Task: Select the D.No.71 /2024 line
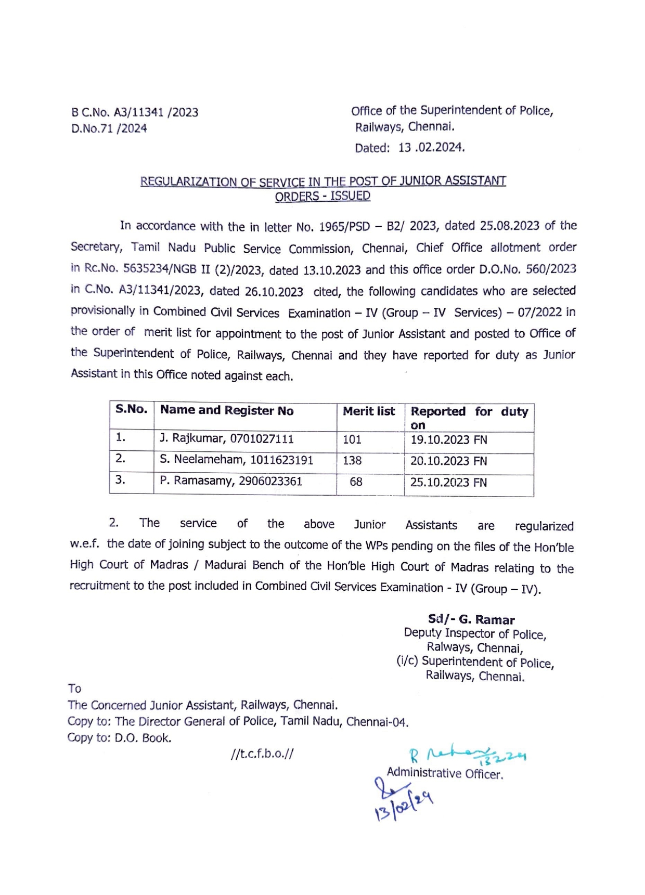[x=109, y=128]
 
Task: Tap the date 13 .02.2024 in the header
[x=431, y=148]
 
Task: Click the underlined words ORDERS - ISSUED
[x=322, y=196]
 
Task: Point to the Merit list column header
[x=369, y=411]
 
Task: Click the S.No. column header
[x=132, y=409]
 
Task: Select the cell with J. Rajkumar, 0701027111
[x=226, y=439]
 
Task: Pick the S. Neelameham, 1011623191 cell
[x=236, y=460]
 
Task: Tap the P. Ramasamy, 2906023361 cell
[x=230, y=481]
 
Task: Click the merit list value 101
[x=352, y=439]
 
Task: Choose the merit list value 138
[x=352, y=461]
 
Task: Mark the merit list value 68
[x=356, y=482]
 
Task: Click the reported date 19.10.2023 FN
[x=448, y=440]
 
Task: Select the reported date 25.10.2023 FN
[x=448, y=483]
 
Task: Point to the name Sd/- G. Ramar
[x=471, y=619]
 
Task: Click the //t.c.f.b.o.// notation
[x=262, y=754]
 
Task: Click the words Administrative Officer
[x=445, y=773]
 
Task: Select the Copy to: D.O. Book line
[x=119, y=738]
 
